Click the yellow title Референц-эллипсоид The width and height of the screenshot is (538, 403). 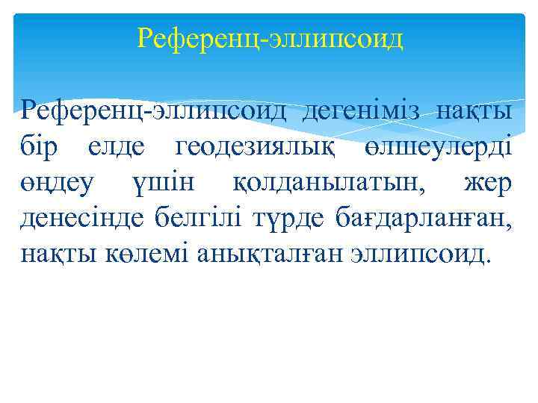pyautogui.click(x=270, y=38)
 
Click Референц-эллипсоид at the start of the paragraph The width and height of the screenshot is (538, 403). pyautogui.click(x=154, y=112)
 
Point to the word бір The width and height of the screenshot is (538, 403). pyautogui.click(x=43, y=148)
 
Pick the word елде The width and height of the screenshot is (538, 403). pyautogui.click(x=120, y=148)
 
